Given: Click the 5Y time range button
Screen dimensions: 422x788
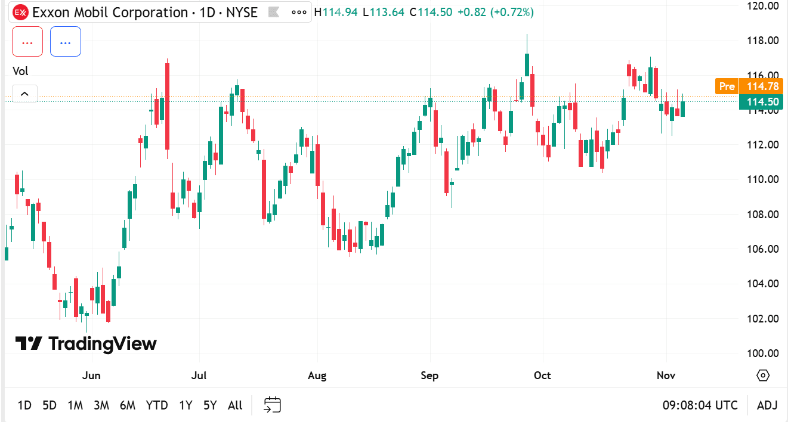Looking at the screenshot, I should pos(210,405).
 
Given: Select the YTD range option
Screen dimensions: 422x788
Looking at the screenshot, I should pos(157,405).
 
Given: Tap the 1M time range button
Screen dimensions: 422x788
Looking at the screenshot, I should pos(75,405).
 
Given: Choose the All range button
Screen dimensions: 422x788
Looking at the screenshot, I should pos(235,405).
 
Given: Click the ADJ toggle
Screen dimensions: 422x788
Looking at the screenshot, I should pos(767,405).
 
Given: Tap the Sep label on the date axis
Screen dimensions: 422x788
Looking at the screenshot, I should pos(429,376).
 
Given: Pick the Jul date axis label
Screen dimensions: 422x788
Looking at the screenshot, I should pos(199,376).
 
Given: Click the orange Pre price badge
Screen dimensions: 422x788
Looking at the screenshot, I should pos(727,86).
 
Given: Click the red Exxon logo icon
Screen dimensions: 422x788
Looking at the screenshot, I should pos(20,13).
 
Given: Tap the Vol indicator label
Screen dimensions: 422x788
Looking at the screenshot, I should pos(21,71).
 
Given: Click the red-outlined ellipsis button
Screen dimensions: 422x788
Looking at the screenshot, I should pos(27,42).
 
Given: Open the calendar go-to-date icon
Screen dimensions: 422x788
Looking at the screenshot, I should pos(273,405).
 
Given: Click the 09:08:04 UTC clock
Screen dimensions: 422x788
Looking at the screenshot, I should pos(700,405).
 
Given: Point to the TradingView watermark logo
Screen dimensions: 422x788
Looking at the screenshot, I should pos(86,343).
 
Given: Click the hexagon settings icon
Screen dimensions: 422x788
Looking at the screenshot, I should pos(763,376).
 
